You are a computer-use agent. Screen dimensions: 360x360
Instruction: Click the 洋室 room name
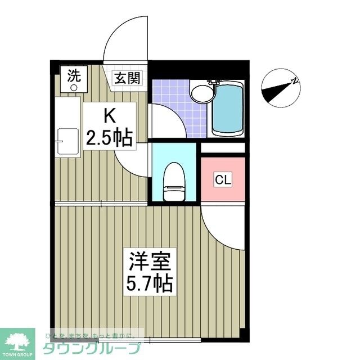tap(148, 262)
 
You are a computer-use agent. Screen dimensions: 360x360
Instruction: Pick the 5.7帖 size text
tap(148, 283)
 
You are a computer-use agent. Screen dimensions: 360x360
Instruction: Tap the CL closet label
tap(223, 180)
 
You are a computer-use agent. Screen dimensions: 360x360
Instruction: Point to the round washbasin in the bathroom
tap(199, 93)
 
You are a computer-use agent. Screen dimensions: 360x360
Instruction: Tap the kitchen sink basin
tap(68, 141)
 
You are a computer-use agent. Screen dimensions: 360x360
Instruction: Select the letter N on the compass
tap(294, 82)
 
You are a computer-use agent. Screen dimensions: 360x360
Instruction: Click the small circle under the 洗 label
tap(74, 87)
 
